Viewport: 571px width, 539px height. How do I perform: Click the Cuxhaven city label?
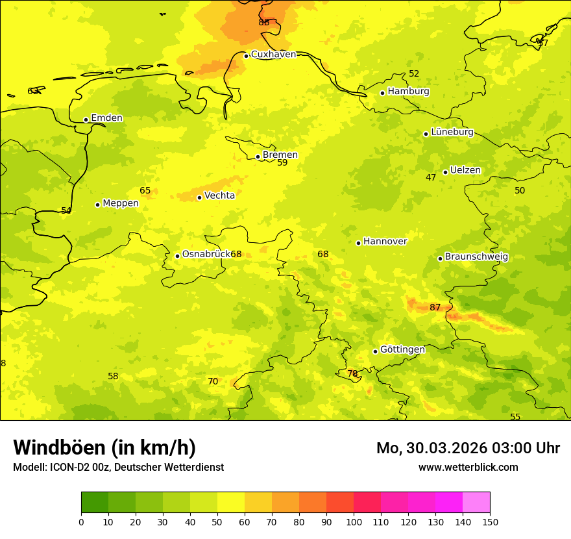(x=273, y=55)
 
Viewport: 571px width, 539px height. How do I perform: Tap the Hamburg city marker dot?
(x=383, y=93)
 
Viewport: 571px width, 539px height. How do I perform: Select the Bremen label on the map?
(x=280, y=155)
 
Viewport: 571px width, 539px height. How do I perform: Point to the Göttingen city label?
(x=402, y=350)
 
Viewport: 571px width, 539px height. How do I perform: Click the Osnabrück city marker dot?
(x=177, y=256)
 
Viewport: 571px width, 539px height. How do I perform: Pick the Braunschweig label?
(x=476, y=257)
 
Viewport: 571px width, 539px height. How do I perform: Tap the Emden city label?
(x=106, y=118)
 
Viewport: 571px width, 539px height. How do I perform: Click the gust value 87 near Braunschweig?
(x=435, y=307)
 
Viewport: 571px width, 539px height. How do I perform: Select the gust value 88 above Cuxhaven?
(x=263, y=23)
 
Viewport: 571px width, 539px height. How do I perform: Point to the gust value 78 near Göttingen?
(x=352, y=374)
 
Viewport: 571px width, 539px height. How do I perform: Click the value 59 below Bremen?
(x=282, y=163)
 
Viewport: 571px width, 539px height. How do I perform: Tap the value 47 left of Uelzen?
(x=431, y=178)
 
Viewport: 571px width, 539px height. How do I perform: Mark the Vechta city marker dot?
(x=199, y=197)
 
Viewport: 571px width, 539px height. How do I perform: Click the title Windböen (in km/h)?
(x=104, y=447)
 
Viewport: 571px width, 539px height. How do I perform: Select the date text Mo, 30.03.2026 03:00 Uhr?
(x=468, y=448)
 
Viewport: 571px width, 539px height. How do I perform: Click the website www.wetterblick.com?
(x=468, y=468)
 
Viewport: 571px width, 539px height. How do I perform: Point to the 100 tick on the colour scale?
(x=354, y=521)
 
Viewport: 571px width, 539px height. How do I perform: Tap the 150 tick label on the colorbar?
(x=490, y=521)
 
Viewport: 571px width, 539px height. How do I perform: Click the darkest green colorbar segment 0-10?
(x=95, y=503)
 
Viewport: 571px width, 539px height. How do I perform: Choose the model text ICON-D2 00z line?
(x=118, y=468)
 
